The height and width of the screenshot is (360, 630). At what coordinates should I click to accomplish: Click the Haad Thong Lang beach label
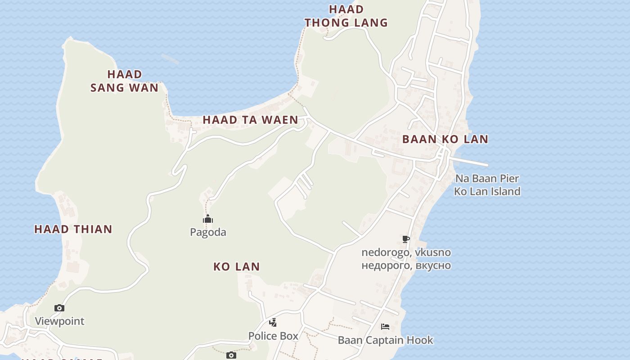coord(346,16)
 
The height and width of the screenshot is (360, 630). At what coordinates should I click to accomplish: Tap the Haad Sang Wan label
coord(125,81)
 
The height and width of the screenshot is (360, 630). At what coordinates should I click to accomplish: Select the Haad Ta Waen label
coord(250,120)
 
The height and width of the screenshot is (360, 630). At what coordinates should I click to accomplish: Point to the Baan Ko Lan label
coord(445,139)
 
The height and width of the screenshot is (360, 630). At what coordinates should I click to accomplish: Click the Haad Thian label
coord(73,229)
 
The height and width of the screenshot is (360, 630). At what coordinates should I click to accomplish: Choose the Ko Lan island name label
coord(237,266)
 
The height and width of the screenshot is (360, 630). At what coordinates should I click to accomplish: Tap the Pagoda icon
coord(208,220)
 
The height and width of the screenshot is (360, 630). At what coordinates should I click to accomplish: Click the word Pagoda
coord(208,232)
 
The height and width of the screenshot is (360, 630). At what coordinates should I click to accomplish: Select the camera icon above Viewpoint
coord(59,308)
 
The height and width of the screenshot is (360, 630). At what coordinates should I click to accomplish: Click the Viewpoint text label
coord(60,321)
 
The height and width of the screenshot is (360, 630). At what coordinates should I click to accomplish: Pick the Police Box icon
coord(273,322)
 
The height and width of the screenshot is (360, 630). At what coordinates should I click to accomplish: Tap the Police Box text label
coord(273,336)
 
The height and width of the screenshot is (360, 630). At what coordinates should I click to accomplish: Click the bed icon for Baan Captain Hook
coord(385,327)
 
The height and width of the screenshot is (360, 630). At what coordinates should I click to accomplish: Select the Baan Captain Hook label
coord(386,340)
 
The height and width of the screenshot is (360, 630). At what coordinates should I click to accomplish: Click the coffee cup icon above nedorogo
coord(406,239)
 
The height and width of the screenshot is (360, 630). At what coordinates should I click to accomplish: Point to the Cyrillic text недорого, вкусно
coord(406,265)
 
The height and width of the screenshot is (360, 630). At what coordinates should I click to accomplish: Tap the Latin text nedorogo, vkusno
coord(406,252)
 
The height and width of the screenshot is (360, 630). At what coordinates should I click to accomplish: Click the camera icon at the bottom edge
coord(231,355)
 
